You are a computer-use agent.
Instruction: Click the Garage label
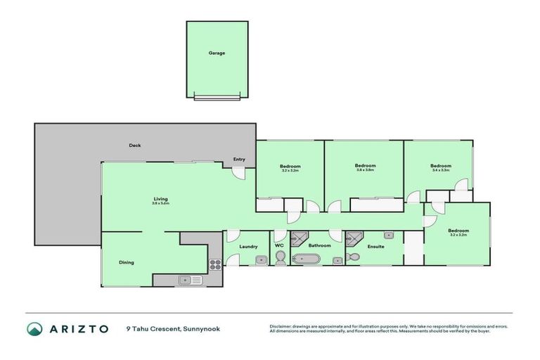coord(216,53)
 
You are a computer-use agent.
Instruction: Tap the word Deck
coord(134,146)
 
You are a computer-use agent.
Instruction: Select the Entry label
coord(239,160)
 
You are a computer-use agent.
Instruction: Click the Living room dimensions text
coord(161,203)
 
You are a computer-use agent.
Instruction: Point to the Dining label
coord(126,262)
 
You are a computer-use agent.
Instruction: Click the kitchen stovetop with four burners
coord(215,264)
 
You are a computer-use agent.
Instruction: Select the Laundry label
coord(248,246)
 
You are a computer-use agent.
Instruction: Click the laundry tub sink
coord(260,260)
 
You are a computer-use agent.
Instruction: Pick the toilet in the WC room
coord(280,259)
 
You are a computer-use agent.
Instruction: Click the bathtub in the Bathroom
coord(306,259)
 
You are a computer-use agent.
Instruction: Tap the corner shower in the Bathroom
coord(300,237)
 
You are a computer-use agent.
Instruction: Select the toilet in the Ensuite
coord(353,257)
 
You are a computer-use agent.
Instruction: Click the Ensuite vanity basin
coord(387,235)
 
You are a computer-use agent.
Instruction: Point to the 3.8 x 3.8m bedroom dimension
coord(364,169)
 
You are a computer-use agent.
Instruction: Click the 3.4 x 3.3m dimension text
coord(440,170)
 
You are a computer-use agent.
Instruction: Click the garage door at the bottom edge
coord(216,98)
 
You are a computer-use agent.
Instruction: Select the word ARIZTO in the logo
coord(78,328)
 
